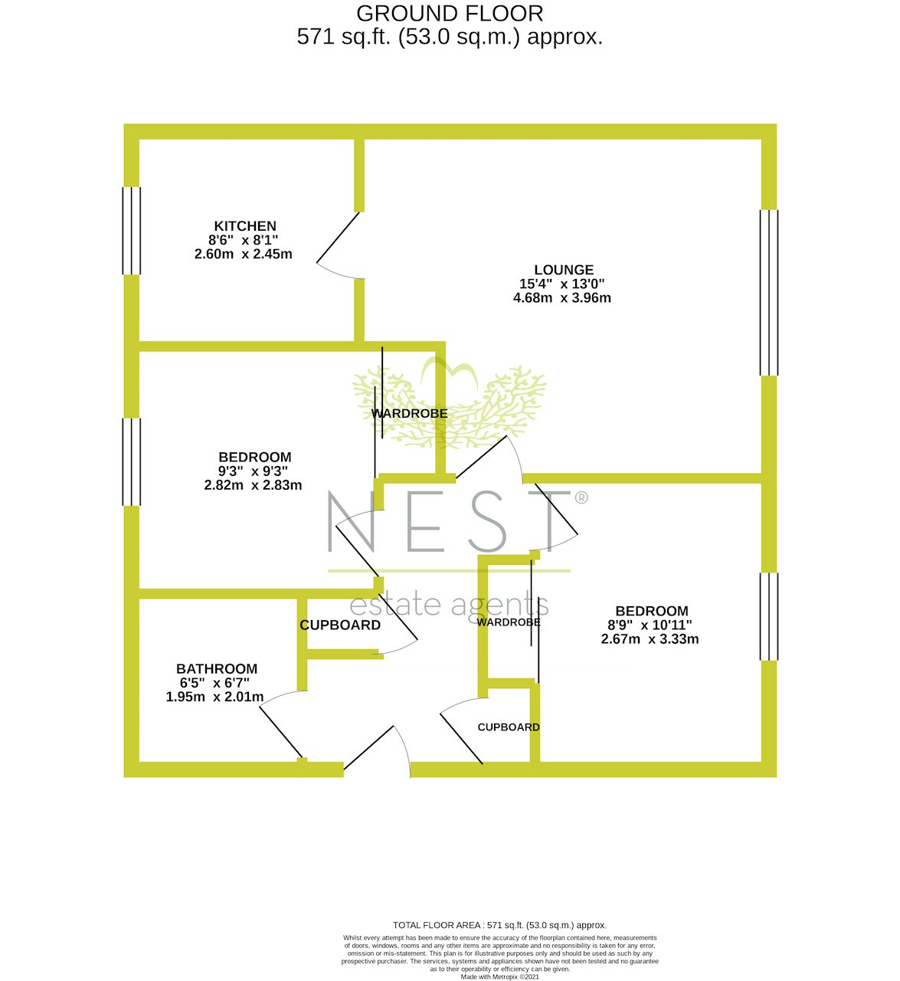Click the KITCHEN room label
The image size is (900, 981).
point(245,226)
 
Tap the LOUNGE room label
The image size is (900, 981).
point(564,270)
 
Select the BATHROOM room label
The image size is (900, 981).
point(217,668)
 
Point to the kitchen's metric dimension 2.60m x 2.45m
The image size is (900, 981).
point(243,254)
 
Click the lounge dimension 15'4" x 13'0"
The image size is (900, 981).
point(561,284)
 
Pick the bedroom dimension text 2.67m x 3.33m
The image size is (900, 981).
point(650,638)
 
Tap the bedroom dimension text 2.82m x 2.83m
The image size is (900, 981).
point(253,484)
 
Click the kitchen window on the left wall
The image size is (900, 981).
point(132,231)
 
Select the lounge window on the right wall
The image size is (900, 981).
point(769,293)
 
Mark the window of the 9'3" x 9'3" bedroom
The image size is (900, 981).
point(132,461)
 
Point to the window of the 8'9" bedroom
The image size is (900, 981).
point(769,616)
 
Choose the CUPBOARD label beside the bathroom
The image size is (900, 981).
point(340,625)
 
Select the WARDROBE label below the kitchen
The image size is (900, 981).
point(409,413)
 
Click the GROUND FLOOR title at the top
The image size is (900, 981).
point(450,14)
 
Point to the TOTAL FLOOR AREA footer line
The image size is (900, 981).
point(499,925)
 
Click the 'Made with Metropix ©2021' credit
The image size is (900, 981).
point(499,976)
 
